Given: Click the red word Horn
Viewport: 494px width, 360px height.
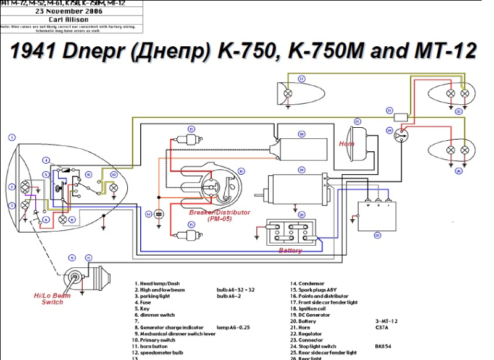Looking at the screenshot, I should pos(346,144).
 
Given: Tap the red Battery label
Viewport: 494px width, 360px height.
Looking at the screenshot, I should pos(290,251).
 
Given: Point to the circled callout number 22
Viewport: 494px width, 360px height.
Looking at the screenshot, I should pos(377,235).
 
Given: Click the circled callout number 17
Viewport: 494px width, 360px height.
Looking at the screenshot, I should pos(302,79).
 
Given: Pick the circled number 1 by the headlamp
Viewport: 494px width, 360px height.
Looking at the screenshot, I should pos(12,137).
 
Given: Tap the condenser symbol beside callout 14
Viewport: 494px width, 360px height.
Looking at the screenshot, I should pos(159,214).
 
